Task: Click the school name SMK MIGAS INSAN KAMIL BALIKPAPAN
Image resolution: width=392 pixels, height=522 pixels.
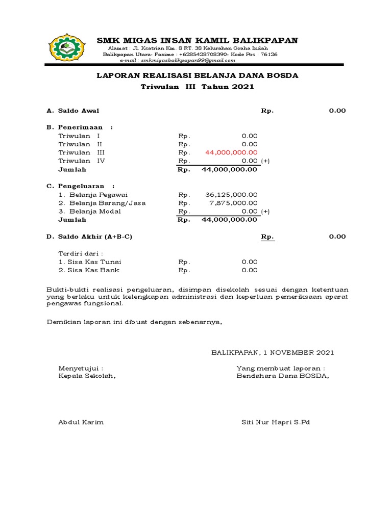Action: click(x=198, y=40)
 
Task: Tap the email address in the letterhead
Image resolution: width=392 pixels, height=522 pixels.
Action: click(x=177, y=60)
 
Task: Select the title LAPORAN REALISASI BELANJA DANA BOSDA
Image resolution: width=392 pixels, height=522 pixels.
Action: click(x=198, y=75)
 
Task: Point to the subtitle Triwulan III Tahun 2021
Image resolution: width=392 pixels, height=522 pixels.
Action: click(x=197, y=87)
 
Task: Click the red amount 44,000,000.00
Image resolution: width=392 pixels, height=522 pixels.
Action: click(x=231, y=152)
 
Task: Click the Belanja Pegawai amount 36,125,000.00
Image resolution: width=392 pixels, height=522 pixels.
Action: click(x=231, y=195)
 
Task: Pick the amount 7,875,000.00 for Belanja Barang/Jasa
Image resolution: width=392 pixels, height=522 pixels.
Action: click(x=233, y=203)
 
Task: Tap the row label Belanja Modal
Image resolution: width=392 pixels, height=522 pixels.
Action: click(x=89, y=212)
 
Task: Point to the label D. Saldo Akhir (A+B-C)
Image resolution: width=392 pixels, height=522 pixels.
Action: click(x=93, y=237)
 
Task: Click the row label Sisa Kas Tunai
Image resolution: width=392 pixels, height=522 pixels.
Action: click(x=89, y=262)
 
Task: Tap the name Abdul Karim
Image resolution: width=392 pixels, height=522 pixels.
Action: click(x=81, y=422)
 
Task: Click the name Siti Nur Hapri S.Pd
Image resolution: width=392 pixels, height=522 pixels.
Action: click(x=276, y=422)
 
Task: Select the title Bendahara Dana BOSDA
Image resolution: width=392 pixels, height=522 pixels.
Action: click(x=282, y=376)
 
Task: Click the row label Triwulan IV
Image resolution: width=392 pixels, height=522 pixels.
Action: click(x=82, y=161)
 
